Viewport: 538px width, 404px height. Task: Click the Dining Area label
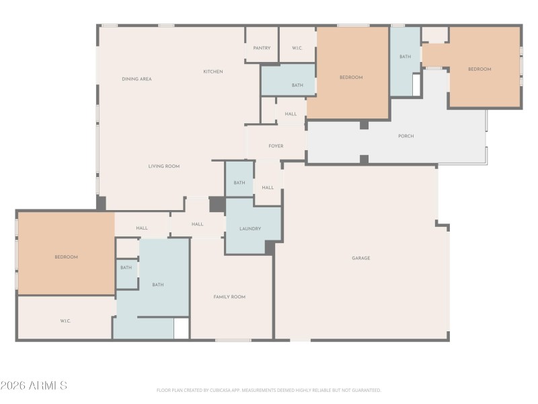[137, 79]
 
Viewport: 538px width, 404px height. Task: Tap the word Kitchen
[213, 71]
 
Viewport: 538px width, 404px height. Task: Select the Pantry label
[262, 48]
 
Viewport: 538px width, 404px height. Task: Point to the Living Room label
[164, 166]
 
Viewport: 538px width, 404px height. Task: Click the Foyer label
[276, 145]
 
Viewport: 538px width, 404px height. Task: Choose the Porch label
[406, 136]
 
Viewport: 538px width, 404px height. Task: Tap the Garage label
[360, 258]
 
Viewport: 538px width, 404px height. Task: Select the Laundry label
[250, 228]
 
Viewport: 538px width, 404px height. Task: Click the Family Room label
[229, 296]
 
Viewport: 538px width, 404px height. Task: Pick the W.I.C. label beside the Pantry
[297, 48]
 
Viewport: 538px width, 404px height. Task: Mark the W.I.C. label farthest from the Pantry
[65, 321]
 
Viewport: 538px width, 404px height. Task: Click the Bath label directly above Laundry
[239, 182]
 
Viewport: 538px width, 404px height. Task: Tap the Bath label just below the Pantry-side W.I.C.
[297, 85]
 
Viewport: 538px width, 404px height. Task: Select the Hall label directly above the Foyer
[291, 114]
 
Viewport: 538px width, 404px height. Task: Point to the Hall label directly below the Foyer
[268, 187]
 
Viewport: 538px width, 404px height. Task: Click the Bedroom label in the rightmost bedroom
[479, 69]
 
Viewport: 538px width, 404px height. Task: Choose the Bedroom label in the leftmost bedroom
[66, 257]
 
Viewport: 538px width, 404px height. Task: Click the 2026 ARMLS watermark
[34, 386]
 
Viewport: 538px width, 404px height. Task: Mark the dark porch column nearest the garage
[364, 160]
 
